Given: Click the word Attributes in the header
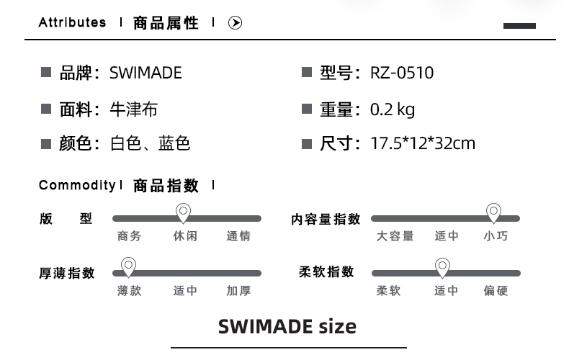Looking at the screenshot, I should pyautogui.click(x=72, y=22).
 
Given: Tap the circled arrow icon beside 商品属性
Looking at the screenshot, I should pyautogui.click(x=235, y=23).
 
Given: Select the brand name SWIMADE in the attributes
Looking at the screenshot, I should pyautogui.click(x=145, y=73).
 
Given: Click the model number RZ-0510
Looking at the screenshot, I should pyautogui.click(x=402, y=73).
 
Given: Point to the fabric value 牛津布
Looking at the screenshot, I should pyautogui.click(x=133, y=109).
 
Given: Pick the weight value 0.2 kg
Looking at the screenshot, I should pyautogui.click(x=393, y=109).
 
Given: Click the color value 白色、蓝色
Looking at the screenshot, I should pyautogui.click(x=150, y=143).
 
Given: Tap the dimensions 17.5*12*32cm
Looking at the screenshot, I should pyautogui.click(x=423, y=143).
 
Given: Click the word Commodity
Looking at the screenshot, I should pyautogui.click(x=77, y=186).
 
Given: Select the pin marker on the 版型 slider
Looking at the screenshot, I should pyautogui.click(x=184, y=212).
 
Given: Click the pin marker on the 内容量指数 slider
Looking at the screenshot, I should pyautogui.click(x=493, y=212).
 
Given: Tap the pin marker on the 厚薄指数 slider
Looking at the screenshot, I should pyautogui.click(x=128, y=266).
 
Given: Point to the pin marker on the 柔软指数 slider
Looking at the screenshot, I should pyautogui.click(x=443, y=267).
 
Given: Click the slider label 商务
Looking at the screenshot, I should pyautogui.click(x=130, y=236).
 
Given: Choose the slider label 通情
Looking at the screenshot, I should pyautogui.click(x=238, y=236).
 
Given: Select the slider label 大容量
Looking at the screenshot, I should pyautogui.click(x=395, y=236).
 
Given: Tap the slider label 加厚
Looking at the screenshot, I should pyautogui.click(x=238, y=291).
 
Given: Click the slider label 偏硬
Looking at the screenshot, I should pyautogui.click(x=496, y=291).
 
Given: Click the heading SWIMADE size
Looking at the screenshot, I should pyautogui.click(x=287, y=327).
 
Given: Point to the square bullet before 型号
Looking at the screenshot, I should pyautogui.click(x=306, y=72).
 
